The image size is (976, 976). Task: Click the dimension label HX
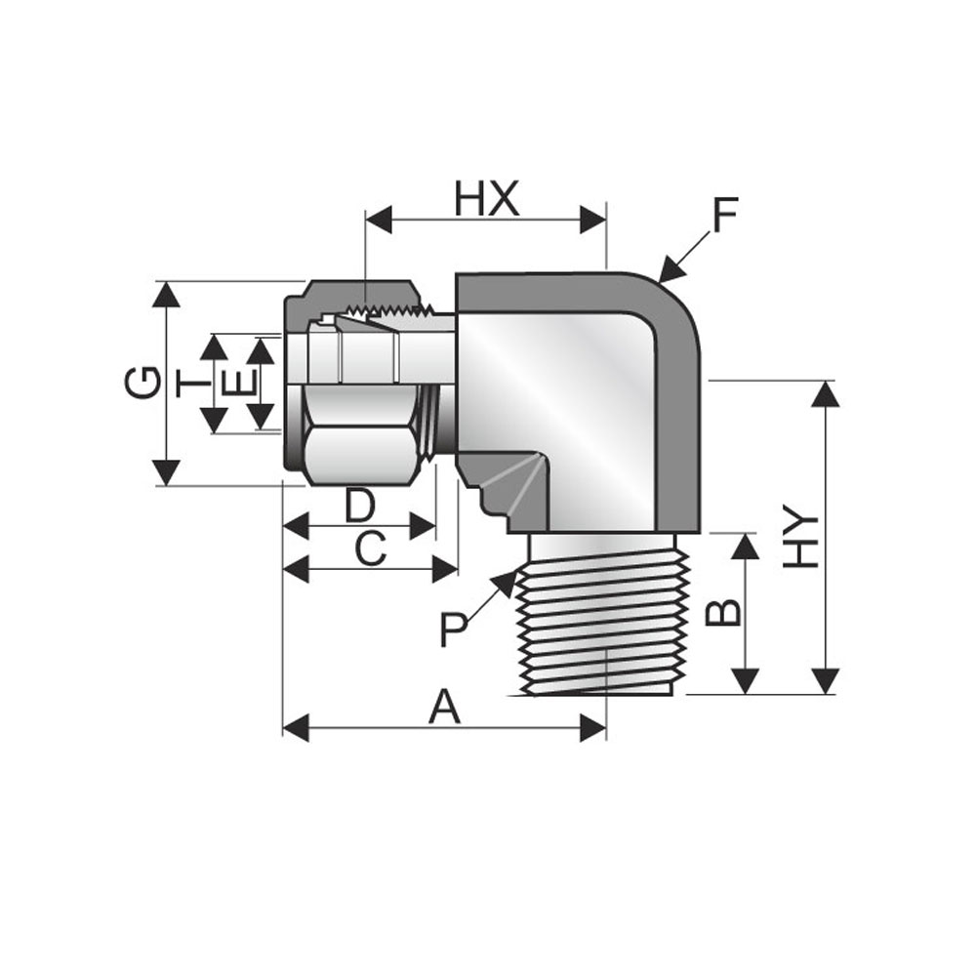click(x=486, y=198)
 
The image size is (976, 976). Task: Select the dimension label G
click(x=142, y=383)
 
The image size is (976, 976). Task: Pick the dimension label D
click(x=360, y=505)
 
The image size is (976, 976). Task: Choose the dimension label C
click(x=370, y=549)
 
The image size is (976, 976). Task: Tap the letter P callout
click(x=453, y=629)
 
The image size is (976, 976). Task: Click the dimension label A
click(x=444, y=707)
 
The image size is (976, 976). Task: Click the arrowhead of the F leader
click(x=670, y=269)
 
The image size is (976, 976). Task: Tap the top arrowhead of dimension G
click(x=166, y=294)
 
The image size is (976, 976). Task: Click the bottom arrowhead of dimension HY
click(x=826, y=681)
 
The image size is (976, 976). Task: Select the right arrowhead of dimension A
click(x=593, y=728)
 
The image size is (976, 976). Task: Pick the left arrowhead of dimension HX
click(x=379, y=220)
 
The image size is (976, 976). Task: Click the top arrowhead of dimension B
click(x=745, y=546)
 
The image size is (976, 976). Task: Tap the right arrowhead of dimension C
click(x=446, y=569)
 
